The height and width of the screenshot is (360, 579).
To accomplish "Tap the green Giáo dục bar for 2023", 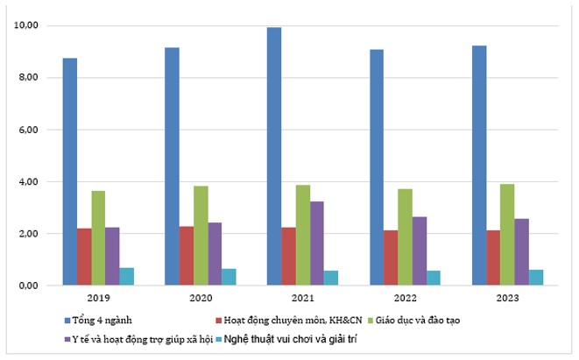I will click(x=507, y=235).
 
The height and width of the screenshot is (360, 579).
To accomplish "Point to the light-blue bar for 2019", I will click(x=127, y=277).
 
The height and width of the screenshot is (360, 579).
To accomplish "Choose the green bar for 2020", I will click(x=201, y=236).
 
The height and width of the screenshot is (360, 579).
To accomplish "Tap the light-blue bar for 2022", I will click(x=434, y=278).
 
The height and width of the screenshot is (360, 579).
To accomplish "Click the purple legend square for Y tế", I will click(x=67, y=338).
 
